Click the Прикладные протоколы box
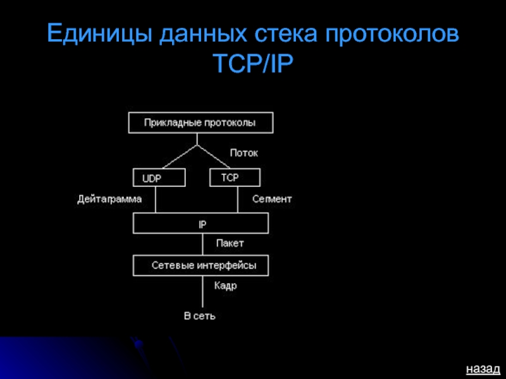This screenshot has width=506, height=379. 201,123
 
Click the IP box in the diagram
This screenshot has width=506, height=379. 201,224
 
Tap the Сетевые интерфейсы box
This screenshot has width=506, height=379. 201,266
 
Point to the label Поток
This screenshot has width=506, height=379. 244,153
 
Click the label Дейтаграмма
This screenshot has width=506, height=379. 109,199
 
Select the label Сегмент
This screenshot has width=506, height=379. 272,199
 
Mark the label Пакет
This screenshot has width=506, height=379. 230,243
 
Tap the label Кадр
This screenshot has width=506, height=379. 225,286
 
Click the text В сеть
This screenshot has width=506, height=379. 200,315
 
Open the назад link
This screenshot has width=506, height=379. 483,368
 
